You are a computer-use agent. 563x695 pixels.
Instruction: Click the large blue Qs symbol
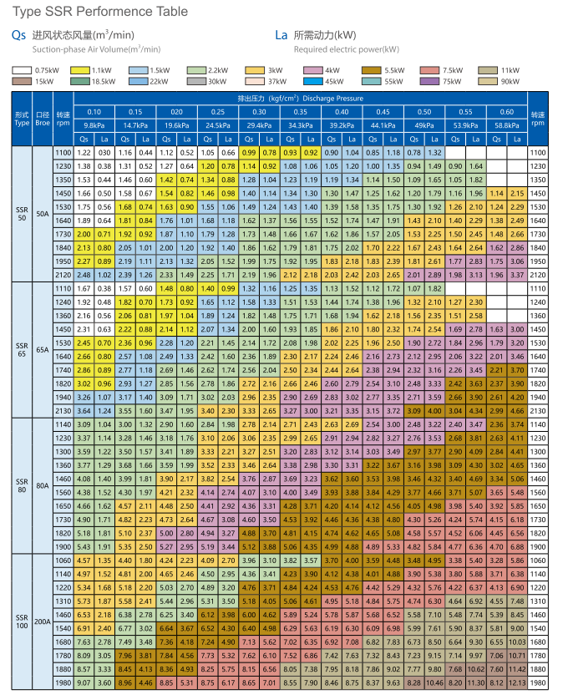click(x=18, y=36)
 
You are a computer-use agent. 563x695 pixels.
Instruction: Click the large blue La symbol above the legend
click(x=281, y=36)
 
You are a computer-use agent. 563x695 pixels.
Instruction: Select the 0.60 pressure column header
click(x=506, y=111)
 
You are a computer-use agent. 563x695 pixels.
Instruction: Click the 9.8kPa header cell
click(x=94, y=124)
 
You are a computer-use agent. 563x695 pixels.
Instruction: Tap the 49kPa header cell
click(x=424, y=124)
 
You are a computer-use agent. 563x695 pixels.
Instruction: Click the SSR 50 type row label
click(x=22, y=213)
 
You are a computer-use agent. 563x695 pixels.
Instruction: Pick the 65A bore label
click(x=43, y=350)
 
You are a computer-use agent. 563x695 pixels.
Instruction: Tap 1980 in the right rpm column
click(x=540, y=682)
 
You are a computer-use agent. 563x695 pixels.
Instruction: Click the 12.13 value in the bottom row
click(x=517, y=682)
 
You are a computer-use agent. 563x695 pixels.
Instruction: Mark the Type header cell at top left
click(x=22, y=118)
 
